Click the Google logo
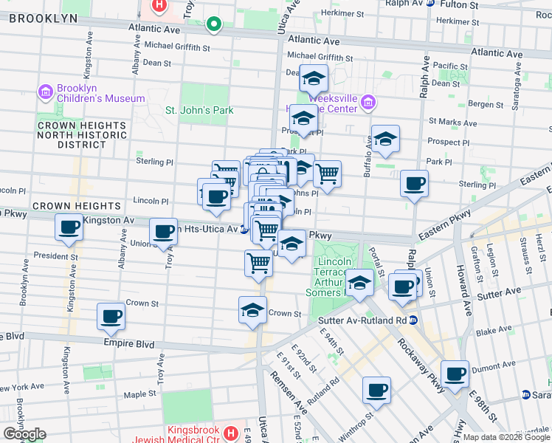[x=24, y=434]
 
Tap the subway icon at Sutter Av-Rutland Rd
[x=413, y=320]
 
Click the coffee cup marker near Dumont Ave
[x=455, y=374]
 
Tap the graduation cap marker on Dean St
[x=314, y=78]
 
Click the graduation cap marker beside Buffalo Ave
[x=384, y=140]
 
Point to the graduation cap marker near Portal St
[x=359, y=283]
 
